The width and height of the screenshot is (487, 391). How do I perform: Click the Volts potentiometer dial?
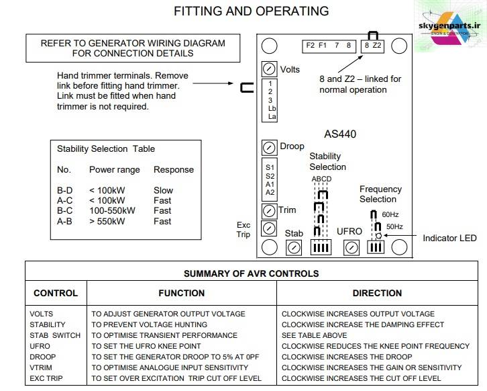[x=269, y=69]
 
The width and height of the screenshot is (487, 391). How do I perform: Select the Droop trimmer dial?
[x=269, y=148]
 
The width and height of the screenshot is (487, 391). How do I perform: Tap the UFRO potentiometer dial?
[x=351, y=248]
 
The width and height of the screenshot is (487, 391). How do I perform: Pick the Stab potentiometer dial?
[x=294, y=248]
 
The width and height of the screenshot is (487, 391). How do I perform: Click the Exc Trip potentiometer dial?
[x=269, y=228]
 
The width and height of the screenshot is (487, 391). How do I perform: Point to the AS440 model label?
[x=340, y=134]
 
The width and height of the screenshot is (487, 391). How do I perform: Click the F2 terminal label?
[x=311, y=46]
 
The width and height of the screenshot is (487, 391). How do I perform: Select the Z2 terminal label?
[x=377, y=46]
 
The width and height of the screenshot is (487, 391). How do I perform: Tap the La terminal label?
[x=272, y=116]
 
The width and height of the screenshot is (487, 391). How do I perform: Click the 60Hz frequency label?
[x=390, y=214]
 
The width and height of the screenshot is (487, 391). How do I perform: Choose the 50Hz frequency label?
[x=394, y=226]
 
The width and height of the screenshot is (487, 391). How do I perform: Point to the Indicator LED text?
[x=449, y=238]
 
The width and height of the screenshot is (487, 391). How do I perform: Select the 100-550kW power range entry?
[x=113, y=210]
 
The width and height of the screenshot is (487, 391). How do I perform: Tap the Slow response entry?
[x=164, y=190]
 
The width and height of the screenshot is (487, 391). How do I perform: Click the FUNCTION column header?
[x=182, y=293]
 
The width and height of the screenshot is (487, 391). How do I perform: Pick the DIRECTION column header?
[x=377, y=293]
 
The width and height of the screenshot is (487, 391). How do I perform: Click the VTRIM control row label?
[x=41, y=367]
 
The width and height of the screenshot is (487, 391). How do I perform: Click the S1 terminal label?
[x=270, y=167]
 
